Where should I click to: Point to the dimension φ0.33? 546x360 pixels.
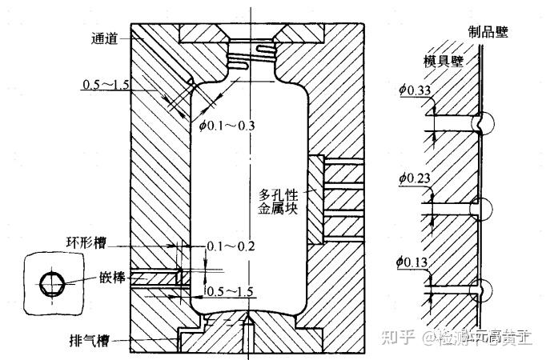[415, 90]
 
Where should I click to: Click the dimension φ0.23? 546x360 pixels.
[415, 178]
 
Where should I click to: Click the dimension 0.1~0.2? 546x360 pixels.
[230, 246]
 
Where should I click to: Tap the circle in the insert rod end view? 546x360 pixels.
[53, 283]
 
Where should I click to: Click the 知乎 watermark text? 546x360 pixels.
[399, 338]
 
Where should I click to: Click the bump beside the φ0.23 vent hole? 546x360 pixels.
[484, 206]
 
